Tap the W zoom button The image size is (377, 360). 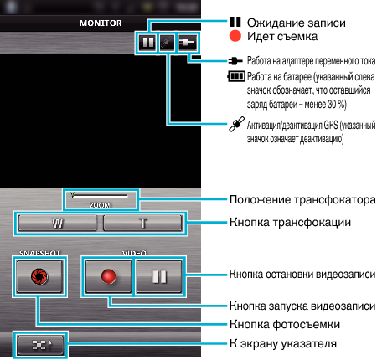[x=58, y=223]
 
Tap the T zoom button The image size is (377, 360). [x=142, y=223]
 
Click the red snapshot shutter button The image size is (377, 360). [x=39, y=276]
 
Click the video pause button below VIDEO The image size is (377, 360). [x=159, y=276]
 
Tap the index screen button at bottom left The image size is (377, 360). [x=40, y=345]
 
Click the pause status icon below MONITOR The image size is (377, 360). [x=147, y=43]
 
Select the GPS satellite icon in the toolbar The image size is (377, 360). [x=167, y=43]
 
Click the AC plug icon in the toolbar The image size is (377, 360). [x=188, y=43]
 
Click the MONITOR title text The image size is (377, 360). [x=101, y=23]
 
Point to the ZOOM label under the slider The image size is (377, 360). [x=100, y=205]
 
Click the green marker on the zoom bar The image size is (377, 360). [x=72, y=193]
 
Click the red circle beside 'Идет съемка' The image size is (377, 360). [x=235, y=36]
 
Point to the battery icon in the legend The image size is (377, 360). [x=236, y=76]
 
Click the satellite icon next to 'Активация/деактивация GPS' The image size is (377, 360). [x=237, y=124]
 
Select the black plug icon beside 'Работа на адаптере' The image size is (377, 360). [x=235, y=60]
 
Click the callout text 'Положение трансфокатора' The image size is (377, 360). [x=302, y=200]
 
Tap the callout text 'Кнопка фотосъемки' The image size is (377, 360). [x=285, y=324]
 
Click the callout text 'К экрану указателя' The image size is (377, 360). [x=283, y=343]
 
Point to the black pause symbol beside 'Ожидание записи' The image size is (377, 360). [x=235, y=22]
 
